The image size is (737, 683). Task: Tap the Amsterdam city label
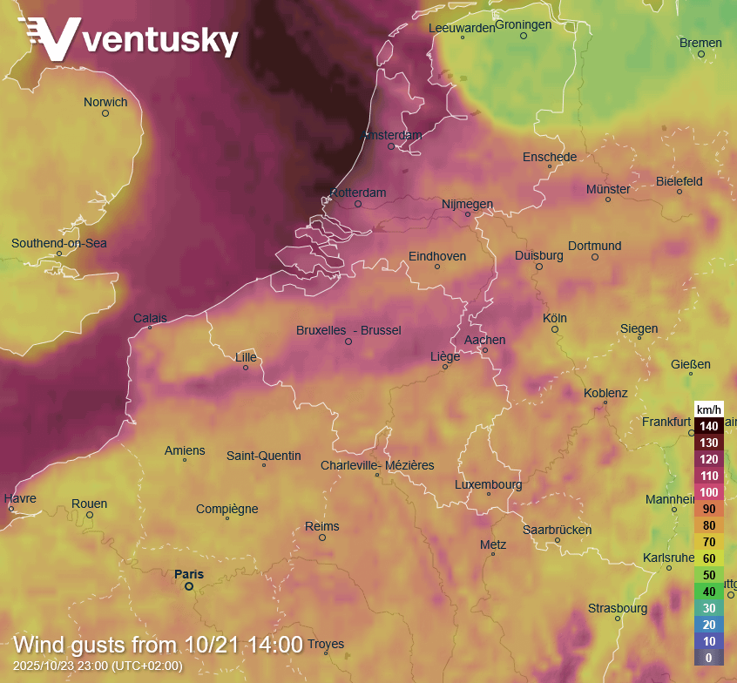[392, 135]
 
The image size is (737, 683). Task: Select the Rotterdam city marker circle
[358, 204]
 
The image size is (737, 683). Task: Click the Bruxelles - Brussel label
[348, 330]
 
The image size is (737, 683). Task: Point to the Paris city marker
[188, 586]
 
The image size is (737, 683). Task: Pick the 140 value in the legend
[708, 427]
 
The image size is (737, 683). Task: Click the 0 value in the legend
[708, 658]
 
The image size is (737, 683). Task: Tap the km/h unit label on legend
[708, 409]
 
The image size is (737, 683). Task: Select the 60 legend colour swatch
[708, 558]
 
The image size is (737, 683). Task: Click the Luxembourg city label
[488, 484]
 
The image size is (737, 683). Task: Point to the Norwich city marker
[105, 113]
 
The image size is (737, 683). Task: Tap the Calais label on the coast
[150, 318]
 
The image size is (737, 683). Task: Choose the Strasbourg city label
[617, 608]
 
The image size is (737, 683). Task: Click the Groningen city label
[524, 24]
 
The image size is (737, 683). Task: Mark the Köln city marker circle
[554, 329]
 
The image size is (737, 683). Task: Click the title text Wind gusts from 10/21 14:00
[159, 646]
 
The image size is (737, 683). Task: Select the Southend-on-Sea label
[59, 243]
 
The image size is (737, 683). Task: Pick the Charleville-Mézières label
[377, 465]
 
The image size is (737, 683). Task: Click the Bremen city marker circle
[700, 54]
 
